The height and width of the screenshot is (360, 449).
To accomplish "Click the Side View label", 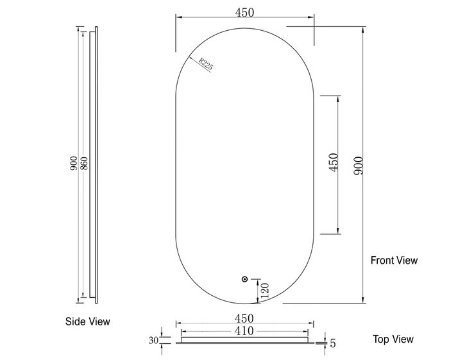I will click(88, 322).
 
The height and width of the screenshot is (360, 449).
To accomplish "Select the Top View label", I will click(393, 339).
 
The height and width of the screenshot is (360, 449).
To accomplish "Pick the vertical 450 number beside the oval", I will click(333, 164).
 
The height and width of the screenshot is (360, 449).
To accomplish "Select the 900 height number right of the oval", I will click(359, 166).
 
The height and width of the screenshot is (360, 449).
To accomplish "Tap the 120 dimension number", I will click(264, 291).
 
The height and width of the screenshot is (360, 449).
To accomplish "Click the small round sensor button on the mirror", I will click(244, 279).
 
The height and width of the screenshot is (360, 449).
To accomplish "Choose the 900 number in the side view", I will click(74, 164).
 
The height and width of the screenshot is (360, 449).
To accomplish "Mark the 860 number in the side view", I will click(84, 164).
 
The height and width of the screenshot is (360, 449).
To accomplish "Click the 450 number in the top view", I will click(244, 318).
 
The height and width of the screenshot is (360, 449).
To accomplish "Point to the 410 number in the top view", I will click(244, 330).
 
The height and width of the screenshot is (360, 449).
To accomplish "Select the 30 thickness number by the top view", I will click(153, 340).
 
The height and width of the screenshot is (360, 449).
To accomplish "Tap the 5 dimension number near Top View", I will click(333, 343).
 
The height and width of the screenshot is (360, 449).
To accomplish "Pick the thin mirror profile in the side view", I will click(96, 164).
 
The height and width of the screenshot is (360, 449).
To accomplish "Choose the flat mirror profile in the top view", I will click(244, 341).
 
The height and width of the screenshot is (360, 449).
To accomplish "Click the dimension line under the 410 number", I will click(244, 336).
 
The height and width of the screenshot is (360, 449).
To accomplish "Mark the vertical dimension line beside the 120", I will click(257, 291).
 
